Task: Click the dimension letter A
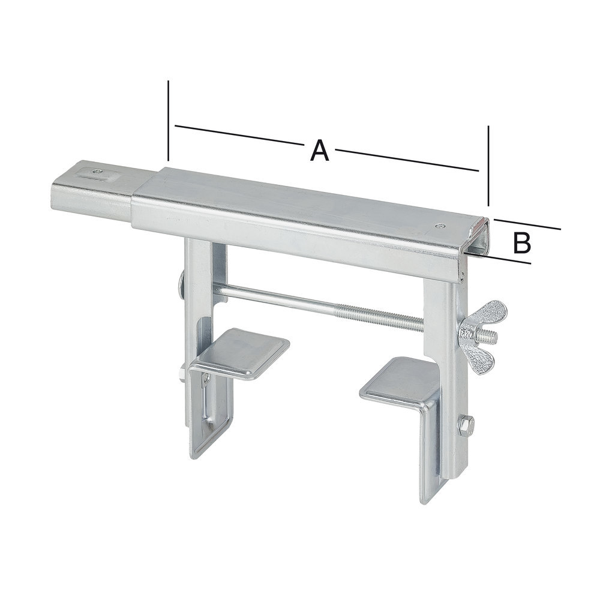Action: (320, 150)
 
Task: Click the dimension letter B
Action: (523, 242)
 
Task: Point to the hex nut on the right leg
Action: (466, 424)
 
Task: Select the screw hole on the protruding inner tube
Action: (97, 172)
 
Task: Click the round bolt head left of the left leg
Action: (181, 282)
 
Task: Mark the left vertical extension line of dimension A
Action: (169, 120)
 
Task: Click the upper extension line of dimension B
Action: (528, 223)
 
